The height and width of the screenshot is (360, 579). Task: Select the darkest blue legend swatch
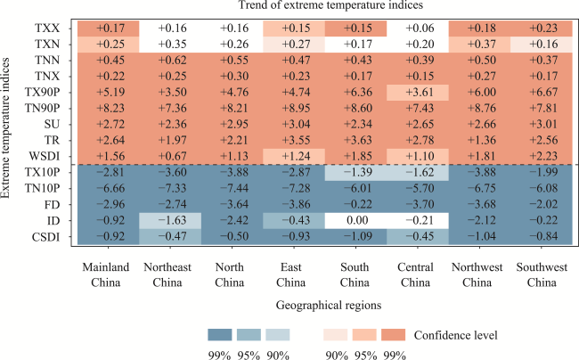pyautogui.click(x=219, y=334)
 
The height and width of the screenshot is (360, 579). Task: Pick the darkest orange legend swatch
pyautogui.click(x=392, y=334)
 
